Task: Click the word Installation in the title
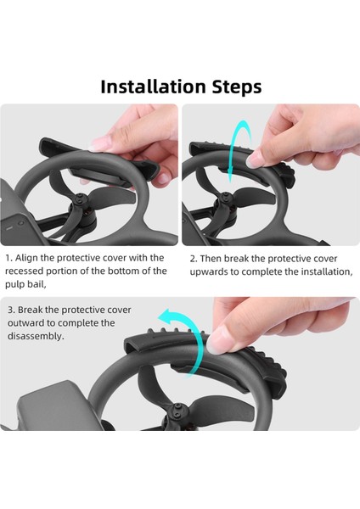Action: pos(153,87)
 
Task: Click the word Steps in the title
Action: pos(237,87)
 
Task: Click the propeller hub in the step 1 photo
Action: pos(79,199)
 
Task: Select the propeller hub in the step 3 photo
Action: pos(177,410)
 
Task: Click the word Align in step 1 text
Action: pos(27,258)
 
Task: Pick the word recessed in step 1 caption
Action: pos(24,271)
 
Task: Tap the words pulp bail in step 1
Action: pos(25,285)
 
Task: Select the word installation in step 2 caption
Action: pos(326,271)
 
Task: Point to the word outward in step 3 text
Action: pos(25,323)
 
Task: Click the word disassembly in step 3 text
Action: pos(36,336)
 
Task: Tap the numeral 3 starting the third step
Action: pos(11,310)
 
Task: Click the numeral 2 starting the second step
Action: pos(194,259)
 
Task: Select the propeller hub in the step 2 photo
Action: pos(224,198)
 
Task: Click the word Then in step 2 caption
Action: pos(211,259)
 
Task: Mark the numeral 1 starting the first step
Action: pos(8,258)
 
